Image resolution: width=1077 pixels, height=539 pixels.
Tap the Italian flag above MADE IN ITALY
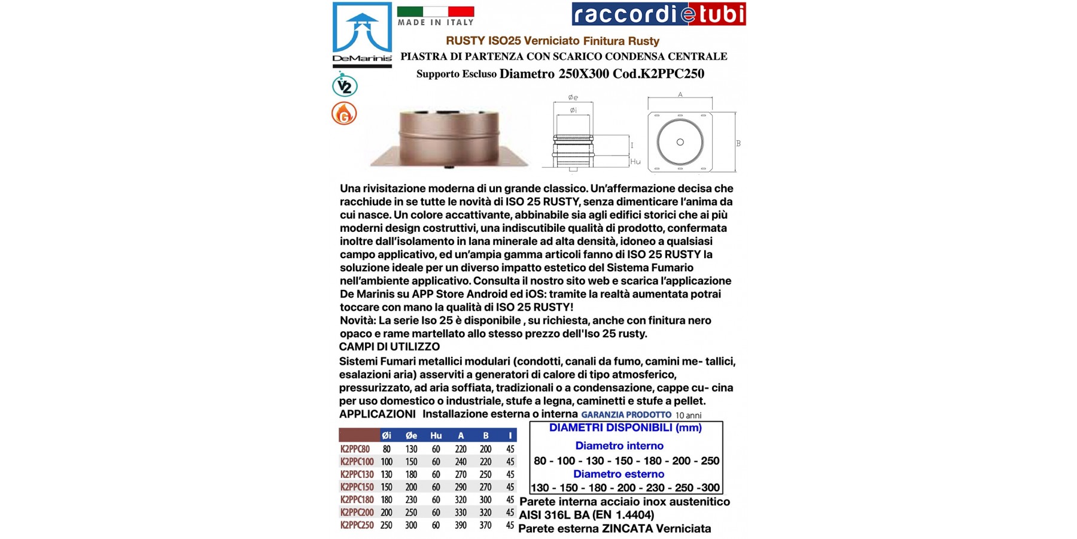pos(435,11)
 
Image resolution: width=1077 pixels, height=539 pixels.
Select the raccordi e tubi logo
pos(658,14)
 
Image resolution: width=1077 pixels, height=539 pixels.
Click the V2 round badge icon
pos(345,86)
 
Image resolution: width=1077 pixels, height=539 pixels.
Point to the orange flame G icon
pos(344,113)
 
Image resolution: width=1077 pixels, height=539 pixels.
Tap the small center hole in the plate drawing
pos(680,142)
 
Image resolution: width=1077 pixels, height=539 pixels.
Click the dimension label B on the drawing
pos(738,144)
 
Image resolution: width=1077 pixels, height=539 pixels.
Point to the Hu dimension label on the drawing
pos(635,162)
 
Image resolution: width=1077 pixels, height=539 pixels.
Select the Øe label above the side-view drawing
pos(573,98)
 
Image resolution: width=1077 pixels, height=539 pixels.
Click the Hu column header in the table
pos(436,435)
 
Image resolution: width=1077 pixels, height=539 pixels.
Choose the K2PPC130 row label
pos(357,474)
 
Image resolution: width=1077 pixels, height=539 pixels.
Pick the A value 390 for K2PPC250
pos(460,525)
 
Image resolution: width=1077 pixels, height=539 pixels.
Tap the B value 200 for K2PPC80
pos(485,449)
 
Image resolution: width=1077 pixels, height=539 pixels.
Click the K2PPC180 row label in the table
pos(357,499)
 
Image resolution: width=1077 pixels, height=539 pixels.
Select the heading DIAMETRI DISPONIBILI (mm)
pos(625,428)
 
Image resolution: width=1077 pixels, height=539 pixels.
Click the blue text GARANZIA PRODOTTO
pos(626,414)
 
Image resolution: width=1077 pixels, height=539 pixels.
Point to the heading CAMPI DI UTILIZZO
pos(390,347)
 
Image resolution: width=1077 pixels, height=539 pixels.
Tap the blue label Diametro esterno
pos(619,474)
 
